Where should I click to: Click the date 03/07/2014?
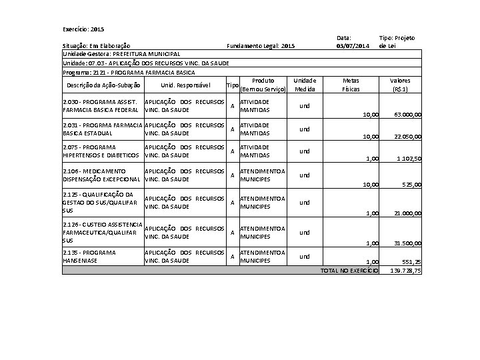(353, 45)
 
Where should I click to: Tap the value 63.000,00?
(407, 115)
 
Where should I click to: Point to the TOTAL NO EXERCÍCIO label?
(349, 271)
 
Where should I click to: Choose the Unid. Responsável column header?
(185, 85)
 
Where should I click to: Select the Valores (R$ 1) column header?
(401, 85)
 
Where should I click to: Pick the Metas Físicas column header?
(351, 85)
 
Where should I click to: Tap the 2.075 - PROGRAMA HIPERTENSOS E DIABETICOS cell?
(101, 151)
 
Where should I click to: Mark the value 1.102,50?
(409, 159)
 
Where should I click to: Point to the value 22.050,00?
(407, 137)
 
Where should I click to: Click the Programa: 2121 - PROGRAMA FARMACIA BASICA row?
(129, 71)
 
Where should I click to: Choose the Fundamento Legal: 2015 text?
(261, 45)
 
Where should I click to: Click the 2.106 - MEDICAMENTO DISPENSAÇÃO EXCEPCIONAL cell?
(101, 175)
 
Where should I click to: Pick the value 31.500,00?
(407, 243)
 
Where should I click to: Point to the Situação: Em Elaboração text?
(96, 45)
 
